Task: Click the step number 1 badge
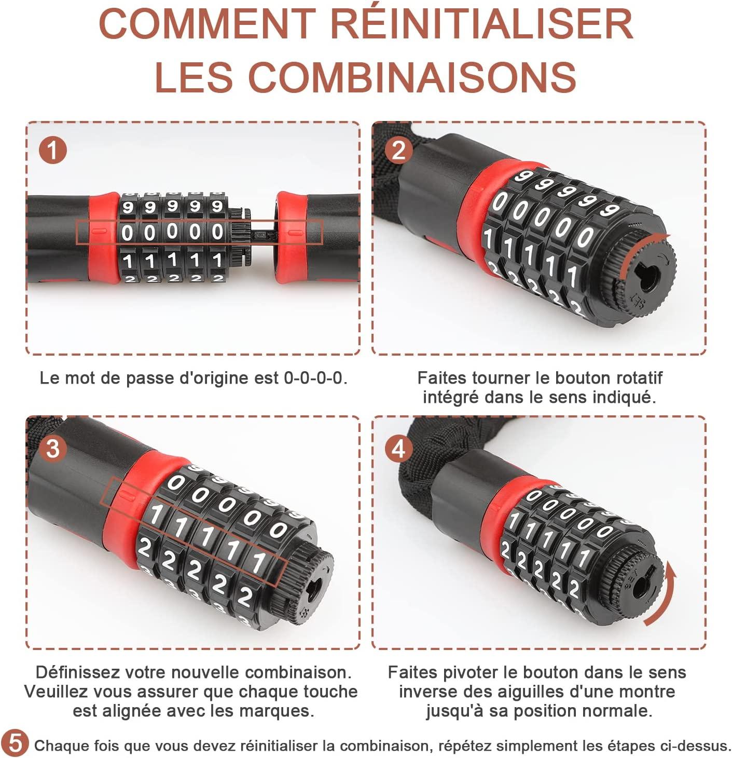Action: (53, 150)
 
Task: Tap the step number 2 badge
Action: (398, 150)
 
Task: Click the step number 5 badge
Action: (15, 743)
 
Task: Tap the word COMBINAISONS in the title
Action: (412, 77)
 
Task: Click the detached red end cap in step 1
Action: (292, 237)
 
